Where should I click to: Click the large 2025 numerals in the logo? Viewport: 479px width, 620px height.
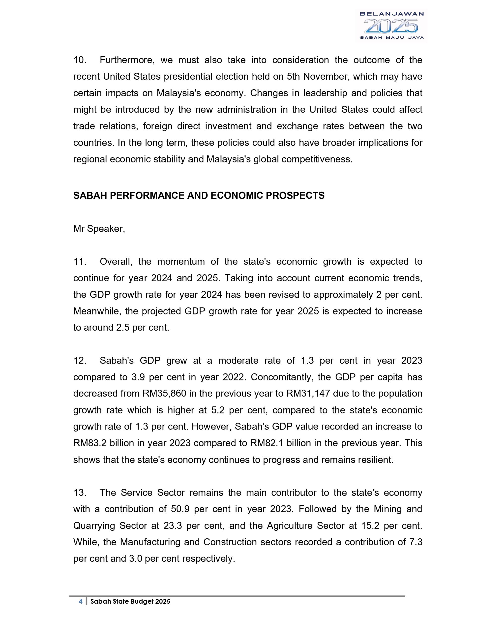pyautogui.click(x=391, y=26)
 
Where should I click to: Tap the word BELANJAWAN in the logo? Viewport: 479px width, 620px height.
pyautogui.click(x=391, y=14)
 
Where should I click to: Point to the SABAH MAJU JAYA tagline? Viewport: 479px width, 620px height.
pyautogui.click(x=391, y=37)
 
